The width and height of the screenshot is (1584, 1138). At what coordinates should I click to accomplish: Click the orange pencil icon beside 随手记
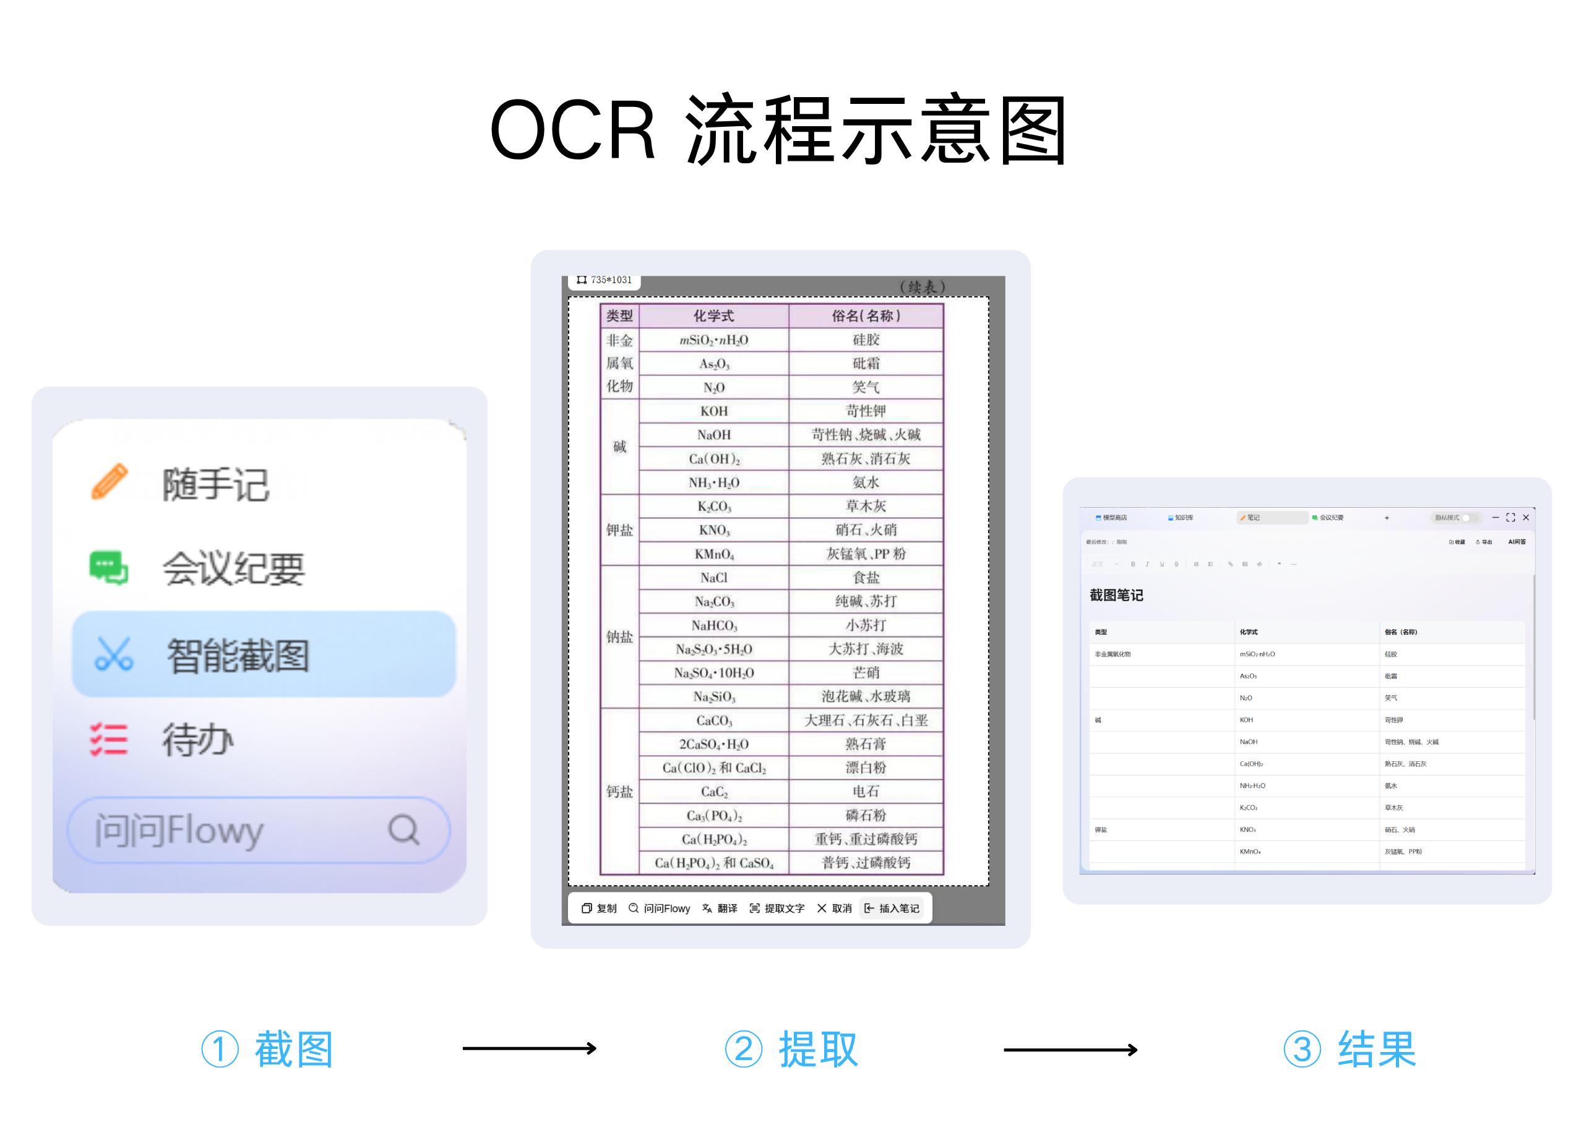[110, 482]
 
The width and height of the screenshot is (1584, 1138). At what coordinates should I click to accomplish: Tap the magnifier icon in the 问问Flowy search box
[403, 829]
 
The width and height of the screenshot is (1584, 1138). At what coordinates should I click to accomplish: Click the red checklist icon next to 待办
[109, 739]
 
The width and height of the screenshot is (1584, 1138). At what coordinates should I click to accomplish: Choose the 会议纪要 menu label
[233, 568]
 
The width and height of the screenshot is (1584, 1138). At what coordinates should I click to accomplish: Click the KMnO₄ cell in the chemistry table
[714, 554]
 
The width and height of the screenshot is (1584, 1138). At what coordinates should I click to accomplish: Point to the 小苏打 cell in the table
[866, 625]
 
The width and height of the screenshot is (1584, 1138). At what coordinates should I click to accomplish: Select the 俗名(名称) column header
[866, 316]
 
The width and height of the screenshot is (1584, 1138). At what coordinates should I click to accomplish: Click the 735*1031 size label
[605, 280]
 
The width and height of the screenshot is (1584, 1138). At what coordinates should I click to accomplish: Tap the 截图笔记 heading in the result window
[1116, 596]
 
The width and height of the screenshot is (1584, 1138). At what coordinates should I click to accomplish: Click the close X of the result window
[1526, 517]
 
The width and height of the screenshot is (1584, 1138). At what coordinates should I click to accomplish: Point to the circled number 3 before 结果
[1302, 1050]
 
